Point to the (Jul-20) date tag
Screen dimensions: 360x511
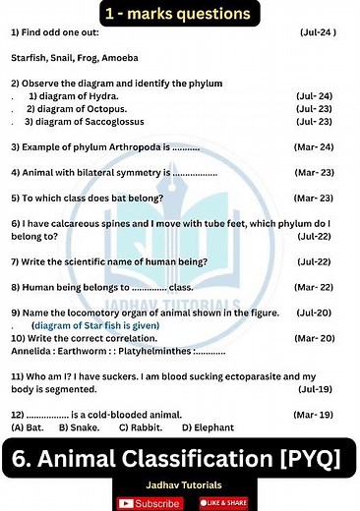(x=314, y=312)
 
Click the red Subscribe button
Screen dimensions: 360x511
(x=150, y=502)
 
